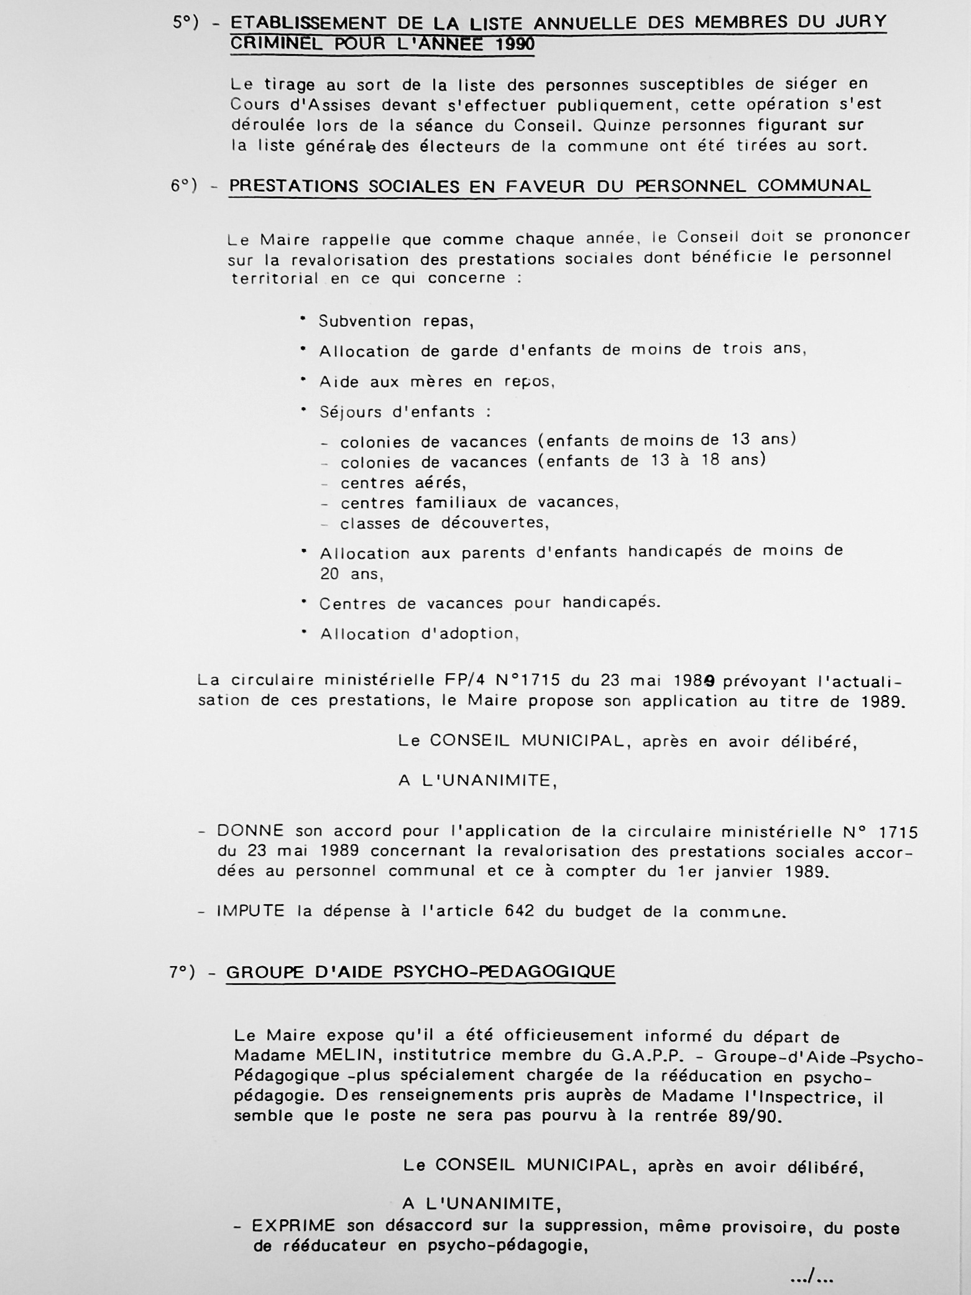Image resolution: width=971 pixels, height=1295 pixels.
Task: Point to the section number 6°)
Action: pos(184,186)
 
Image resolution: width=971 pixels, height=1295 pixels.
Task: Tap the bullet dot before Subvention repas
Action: pos(303,319)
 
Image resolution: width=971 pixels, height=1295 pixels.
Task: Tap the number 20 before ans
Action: pos(329,574)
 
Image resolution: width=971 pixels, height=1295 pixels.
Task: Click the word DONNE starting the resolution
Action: pos(250,831)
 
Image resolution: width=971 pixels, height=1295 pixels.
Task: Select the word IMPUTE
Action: pos(250,911)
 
